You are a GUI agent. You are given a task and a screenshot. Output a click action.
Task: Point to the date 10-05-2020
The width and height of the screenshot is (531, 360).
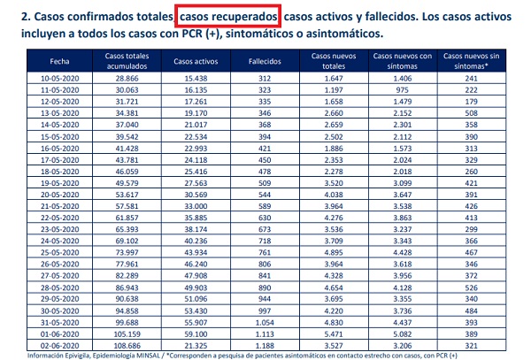(61, 79)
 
